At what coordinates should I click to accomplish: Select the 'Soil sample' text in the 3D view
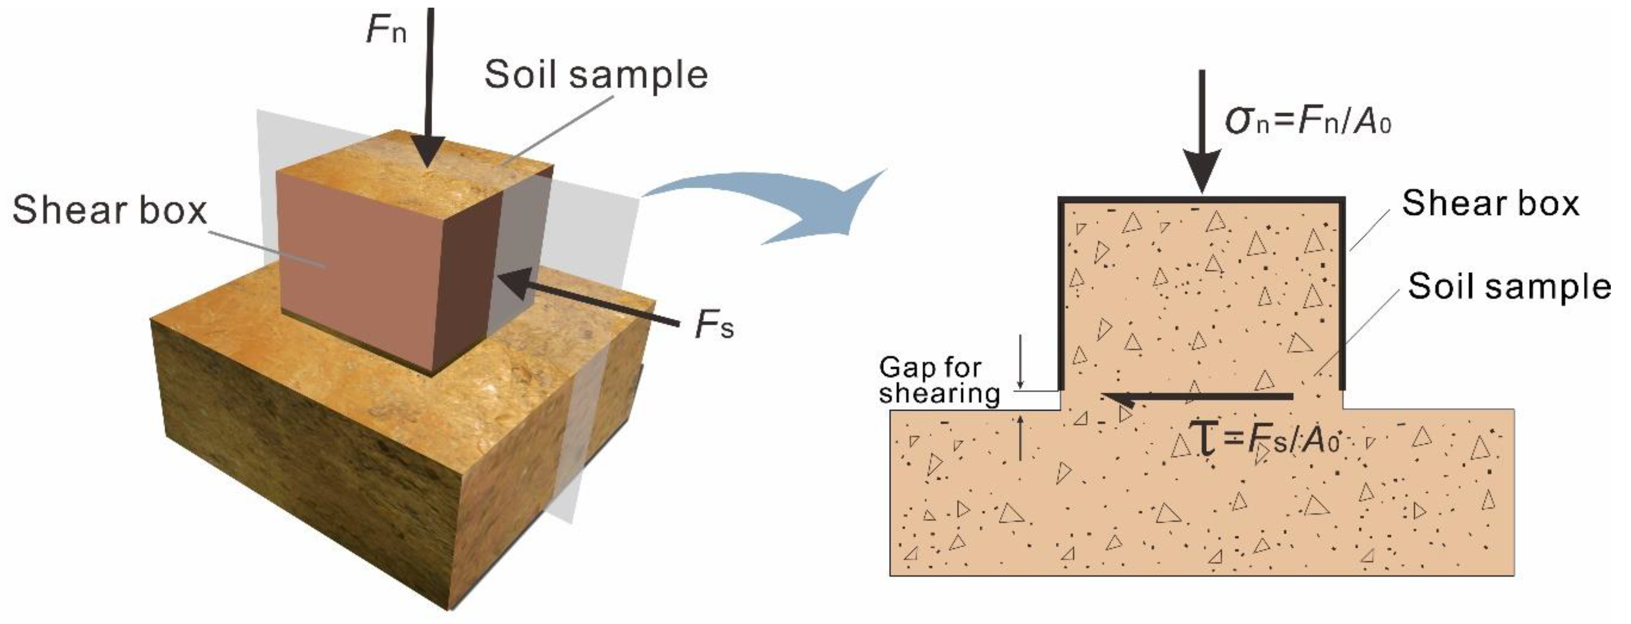click(x=596, y=75)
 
